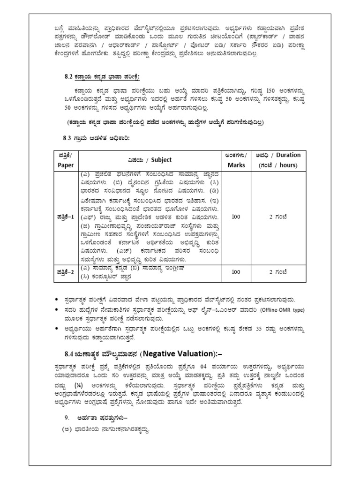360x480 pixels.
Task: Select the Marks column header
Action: pos(236,165)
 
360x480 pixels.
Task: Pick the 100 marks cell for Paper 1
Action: pos(236,217)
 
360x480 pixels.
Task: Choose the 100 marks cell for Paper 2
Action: pos(236,271)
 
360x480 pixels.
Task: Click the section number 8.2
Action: pos(69,76)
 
